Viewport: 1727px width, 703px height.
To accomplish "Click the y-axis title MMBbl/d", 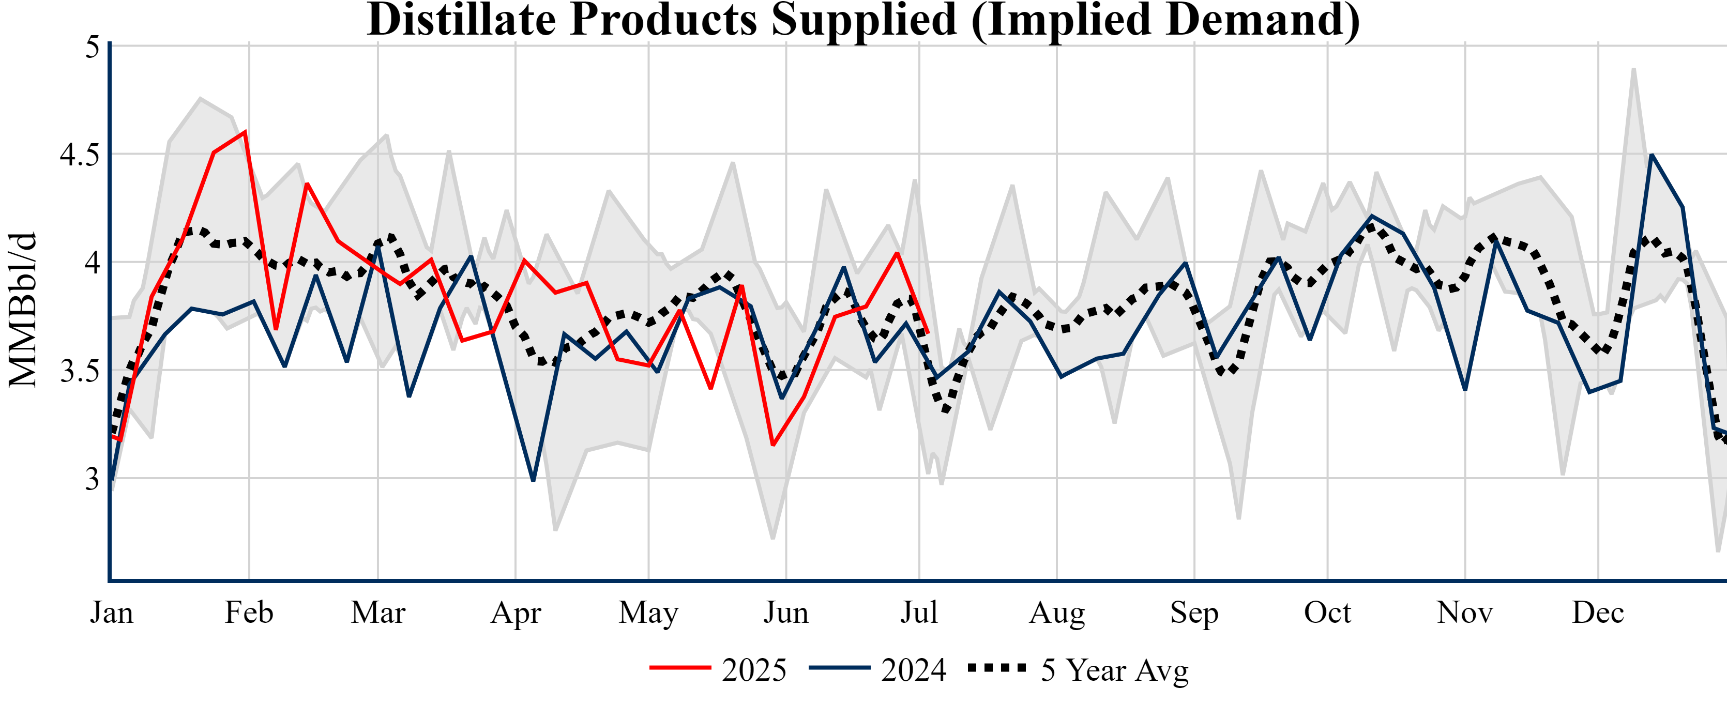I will (22, 310).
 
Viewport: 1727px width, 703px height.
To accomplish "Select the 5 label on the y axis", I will (92, 47).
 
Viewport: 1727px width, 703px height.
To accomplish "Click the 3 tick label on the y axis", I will (92, 479).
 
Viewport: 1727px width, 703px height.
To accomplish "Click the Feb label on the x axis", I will (249, 613).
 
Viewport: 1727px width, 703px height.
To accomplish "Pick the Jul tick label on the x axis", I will (918, 613).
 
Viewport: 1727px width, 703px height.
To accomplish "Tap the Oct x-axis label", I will (1327, 613).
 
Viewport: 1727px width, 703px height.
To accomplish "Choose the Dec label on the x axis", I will (1598, 613).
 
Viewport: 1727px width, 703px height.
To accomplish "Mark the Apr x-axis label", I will (515, 613).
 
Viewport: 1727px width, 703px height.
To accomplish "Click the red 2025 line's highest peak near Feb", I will (246, 131).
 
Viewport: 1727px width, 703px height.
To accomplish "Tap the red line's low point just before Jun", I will (773, 445).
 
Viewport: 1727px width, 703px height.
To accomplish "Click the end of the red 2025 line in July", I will (928, 332).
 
